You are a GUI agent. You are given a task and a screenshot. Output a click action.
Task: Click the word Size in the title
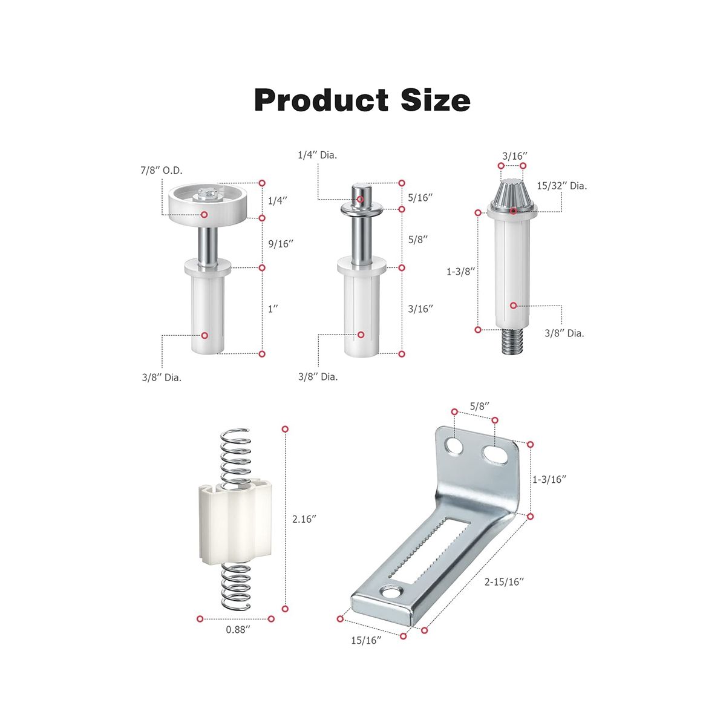pyautogui.click(x=435, y=100)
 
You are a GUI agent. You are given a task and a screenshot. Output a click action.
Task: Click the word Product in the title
pyautogui.click(x=321, y=100)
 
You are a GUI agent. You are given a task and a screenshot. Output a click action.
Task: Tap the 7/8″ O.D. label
pyautogui.click(x=162, y=171)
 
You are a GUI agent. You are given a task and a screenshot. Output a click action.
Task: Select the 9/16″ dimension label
pyautogui.click(x=281, y=244)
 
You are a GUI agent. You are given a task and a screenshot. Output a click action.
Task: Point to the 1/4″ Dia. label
pyautogui.click(x=317, y=155)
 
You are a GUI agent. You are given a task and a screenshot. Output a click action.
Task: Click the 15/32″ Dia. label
pyautogui.click(x=561, y=186)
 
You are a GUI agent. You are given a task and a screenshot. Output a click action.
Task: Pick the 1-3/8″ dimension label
pyautogui.click(x=460, y=272)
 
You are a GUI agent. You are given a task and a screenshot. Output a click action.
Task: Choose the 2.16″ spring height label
pyautogui.click(x=304, y=519)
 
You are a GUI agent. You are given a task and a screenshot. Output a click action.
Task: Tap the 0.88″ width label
pyautogui.click(x=238, y=630)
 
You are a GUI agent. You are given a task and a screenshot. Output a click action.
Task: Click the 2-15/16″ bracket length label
pyautogui.click(x=504, y=582)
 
